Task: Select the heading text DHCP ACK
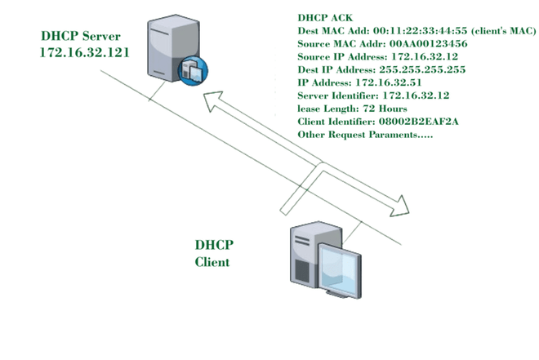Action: pyautogui.click(x=325, y=16)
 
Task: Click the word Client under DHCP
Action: pyautogui.click(x=212, y=262)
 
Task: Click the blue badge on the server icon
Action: pyautogui.click(x=192, y=72)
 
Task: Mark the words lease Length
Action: pyautogui.click(x=330, y=109)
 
